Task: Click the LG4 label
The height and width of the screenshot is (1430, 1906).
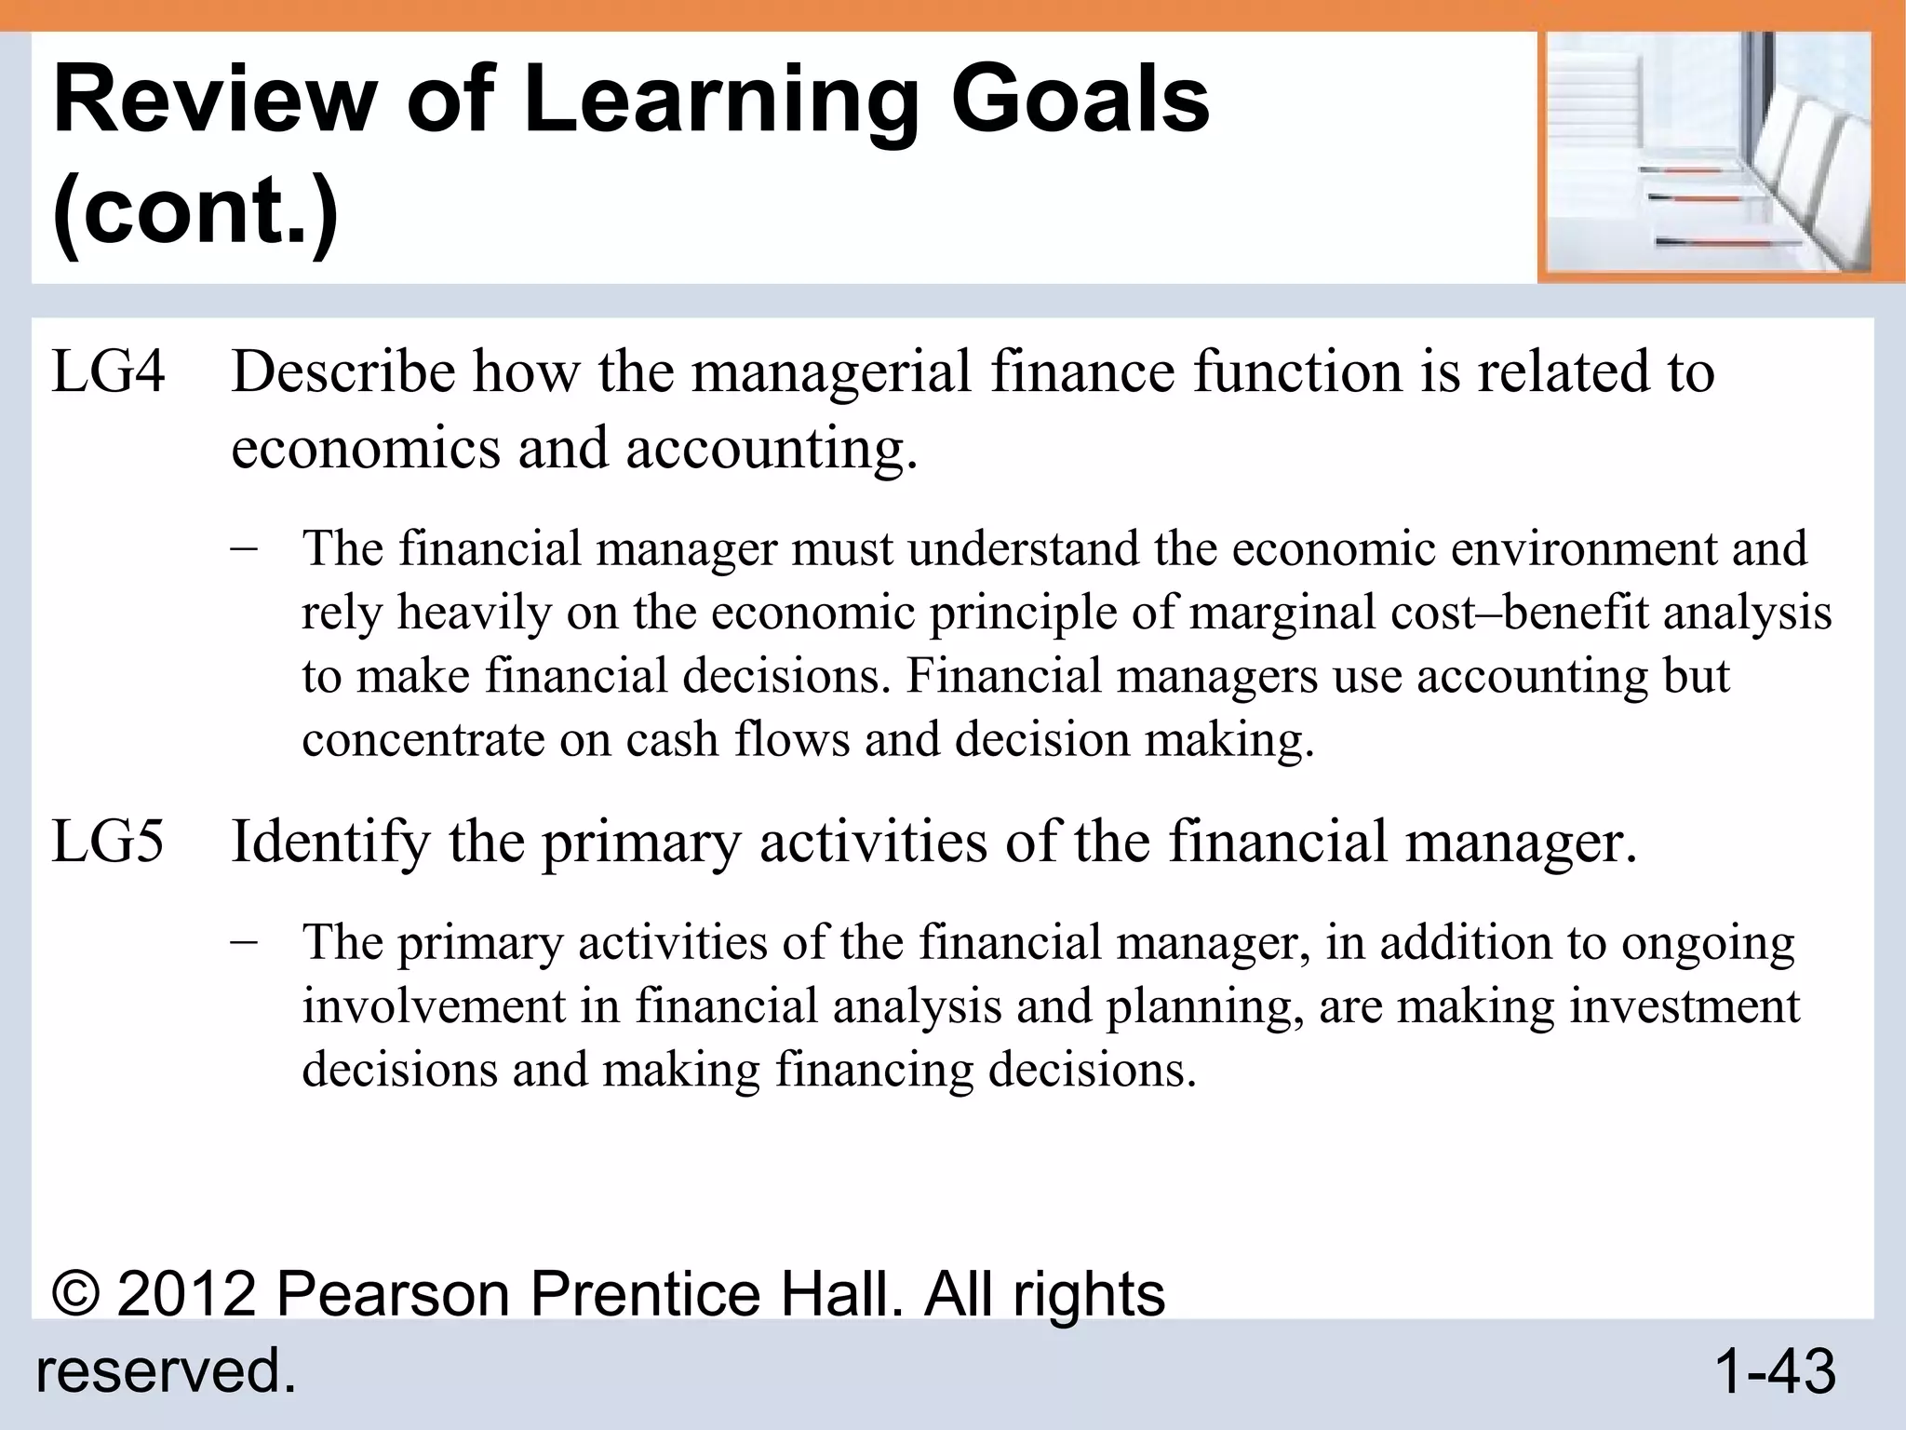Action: (x=108, y=371)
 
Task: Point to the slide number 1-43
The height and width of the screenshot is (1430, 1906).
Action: (x=1774, y=1371)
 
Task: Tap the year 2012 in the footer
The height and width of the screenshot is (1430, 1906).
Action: (x=186, y=1295)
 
